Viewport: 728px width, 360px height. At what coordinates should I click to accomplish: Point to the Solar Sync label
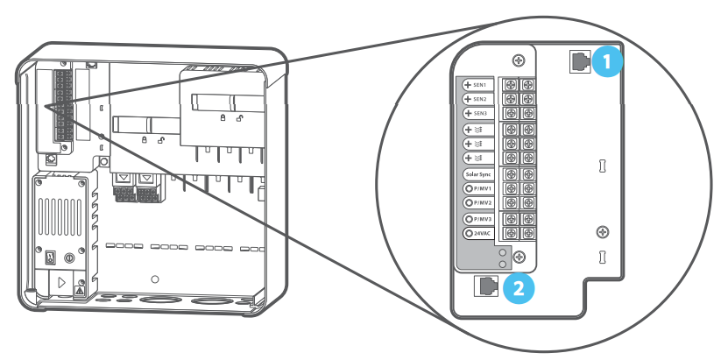[478, 175]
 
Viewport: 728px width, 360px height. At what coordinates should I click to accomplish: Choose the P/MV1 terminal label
[478, 189]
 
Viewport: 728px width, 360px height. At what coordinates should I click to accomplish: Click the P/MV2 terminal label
[478, 203]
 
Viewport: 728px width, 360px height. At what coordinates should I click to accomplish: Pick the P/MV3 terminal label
[478, 219]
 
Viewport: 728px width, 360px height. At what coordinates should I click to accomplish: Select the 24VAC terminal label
[478, 233]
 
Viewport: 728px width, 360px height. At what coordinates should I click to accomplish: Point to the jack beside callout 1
[580, 62]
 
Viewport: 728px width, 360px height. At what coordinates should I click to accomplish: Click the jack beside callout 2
[485, 286]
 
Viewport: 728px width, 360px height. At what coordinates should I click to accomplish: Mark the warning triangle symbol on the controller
[80, 292]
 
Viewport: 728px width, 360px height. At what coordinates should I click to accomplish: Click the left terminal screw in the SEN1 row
[511, 85]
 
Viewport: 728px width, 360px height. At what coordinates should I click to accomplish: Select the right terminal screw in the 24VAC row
[527, 232]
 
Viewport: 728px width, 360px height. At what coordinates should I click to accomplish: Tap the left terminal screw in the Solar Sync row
[511, 174]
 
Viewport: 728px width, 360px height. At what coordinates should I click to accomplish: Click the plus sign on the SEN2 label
[468, 99]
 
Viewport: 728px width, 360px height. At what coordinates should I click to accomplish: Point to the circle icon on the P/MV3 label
[469, 219]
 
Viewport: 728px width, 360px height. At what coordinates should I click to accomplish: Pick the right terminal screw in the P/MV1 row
[527, 188]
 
